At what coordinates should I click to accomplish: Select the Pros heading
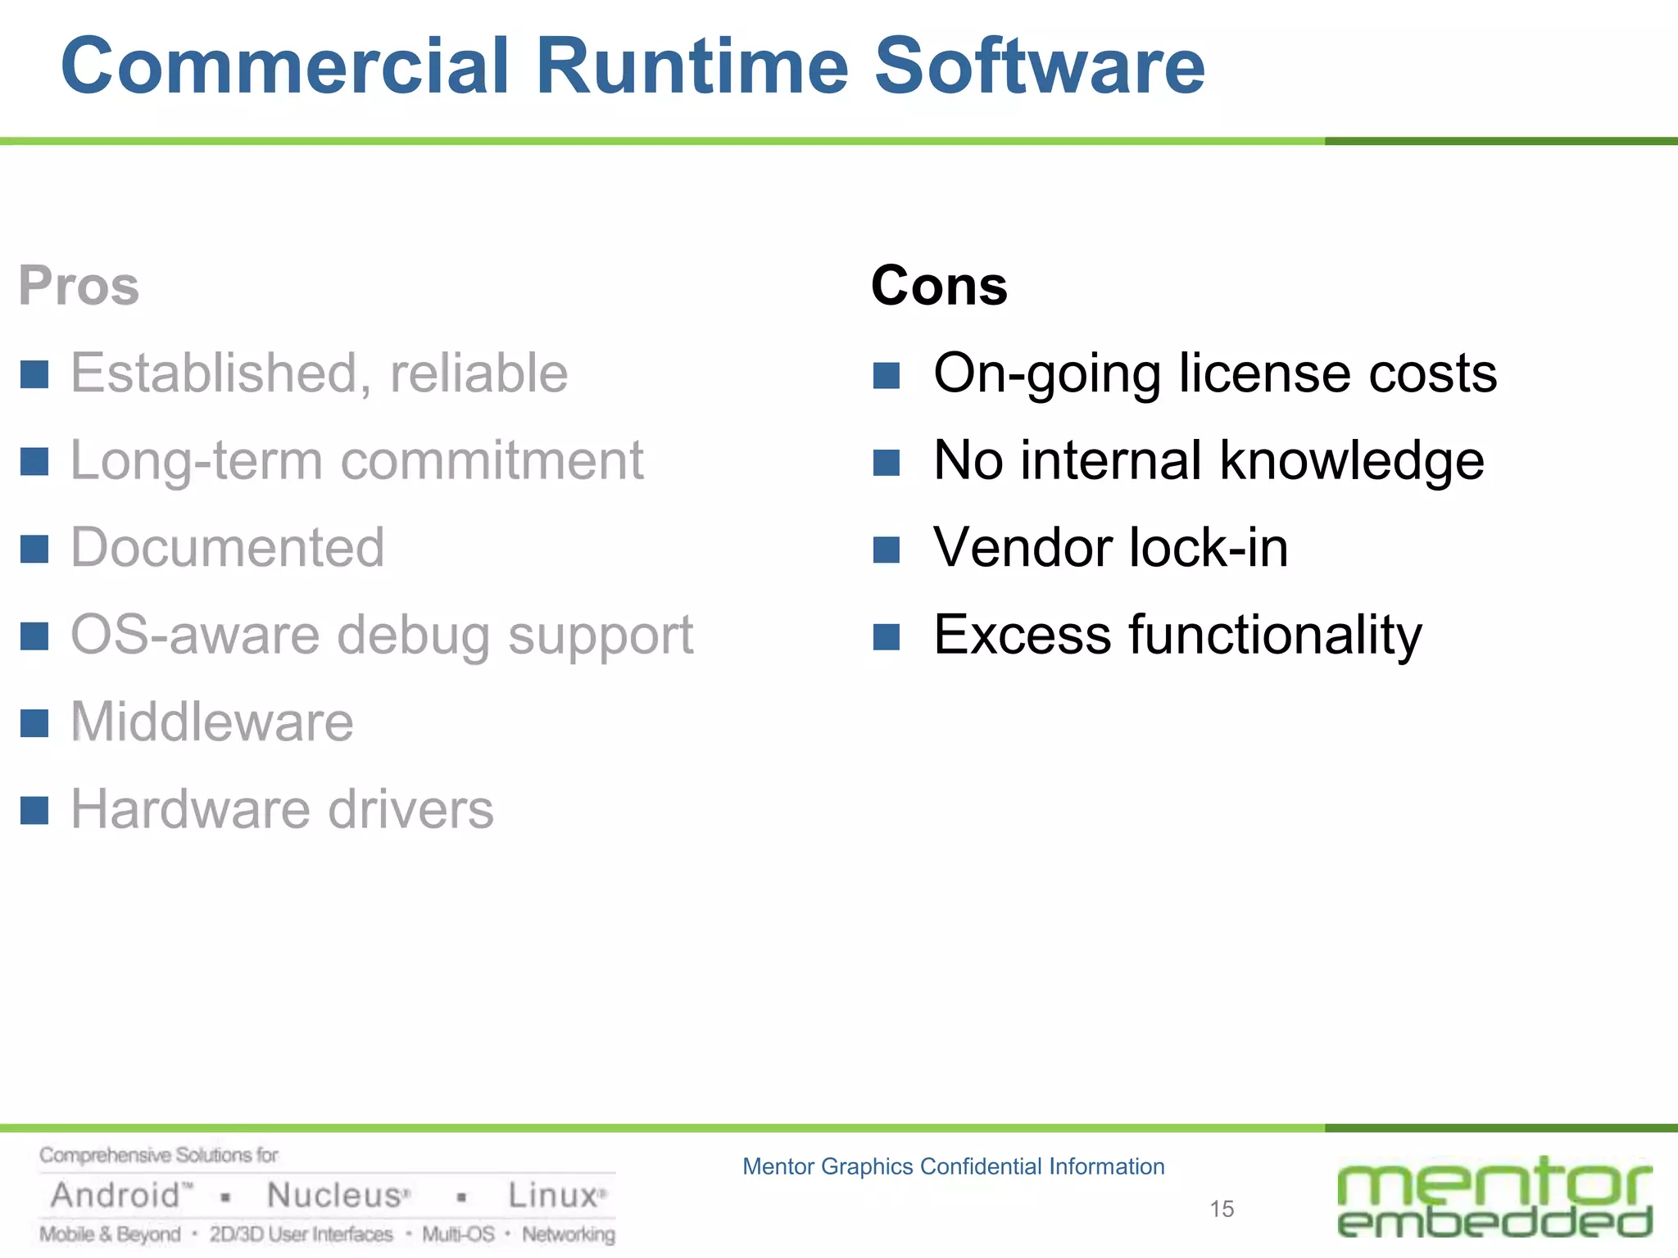(x=79, y=286)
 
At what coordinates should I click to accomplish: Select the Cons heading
(x=939, y=286)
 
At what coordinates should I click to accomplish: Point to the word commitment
(x=492, y=460)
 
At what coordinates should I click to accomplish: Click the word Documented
(x=227, y=547)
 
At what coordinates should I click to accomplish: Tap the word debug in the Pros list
(x=413, y=636)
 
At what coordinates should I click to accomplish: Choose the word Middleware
(x=212, y=722)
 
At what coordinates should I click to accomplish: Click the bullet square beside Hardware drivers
(x=34, y=811)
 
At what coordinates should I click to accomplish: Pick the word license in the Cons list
(x=1265, y=373)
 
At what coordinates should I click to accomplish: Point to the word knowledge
(x=1352, y=460)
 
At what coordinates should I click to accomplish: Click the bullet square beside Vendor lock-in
(x=887, y=550)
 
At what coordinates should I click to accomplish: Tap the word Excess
(x=1023, y=635)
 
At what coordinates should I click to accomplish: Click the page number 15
(x=1222, y=1209)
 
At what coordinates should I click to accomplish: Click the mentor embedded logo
(x=1494, y=1197)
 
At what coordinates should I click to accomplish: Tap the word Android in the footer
(x=116, y=1196)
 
